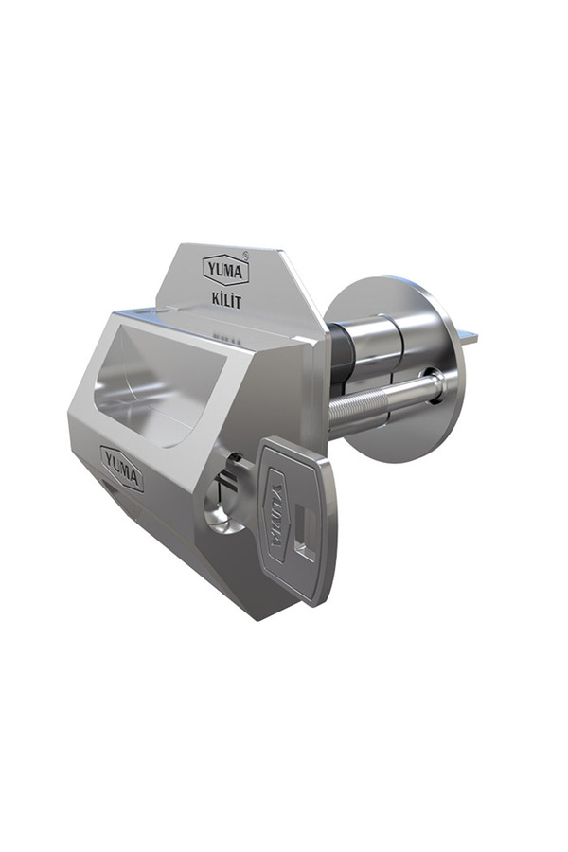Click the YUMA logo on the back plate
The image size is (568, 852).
point(225,271)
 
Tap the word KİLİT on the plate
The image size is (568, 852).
point(226,300)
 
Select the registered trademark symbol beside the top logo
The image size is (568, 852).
point(246,254)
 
